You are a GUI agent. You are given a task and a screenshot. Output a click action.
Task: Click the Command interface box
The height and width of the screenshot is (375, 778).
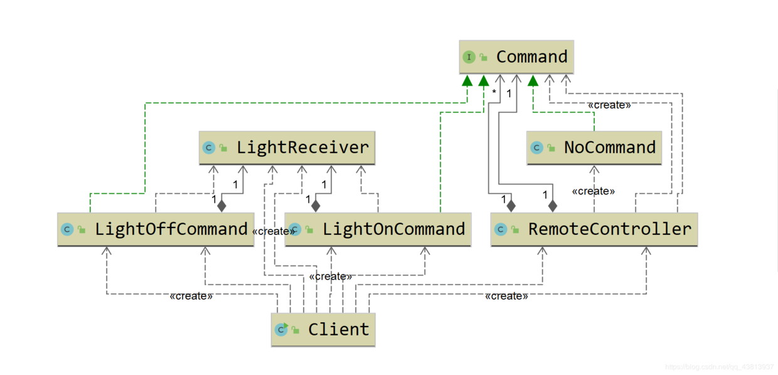point(516,57)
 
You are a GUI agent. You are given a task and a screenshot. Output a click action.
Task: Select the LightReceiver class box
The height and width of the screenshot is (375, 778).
point(287,148)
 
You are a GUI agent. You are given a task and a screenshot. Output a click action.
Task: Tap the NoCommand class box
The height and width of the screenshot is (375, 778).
point(594,148)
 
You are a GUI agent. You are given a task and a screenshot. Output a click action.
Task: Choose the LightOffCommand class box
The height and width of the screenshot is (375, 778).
point(156,229)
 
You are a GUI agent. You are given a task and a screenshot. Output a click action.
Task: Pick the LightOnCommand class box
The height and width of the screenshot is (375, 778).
point(378,229)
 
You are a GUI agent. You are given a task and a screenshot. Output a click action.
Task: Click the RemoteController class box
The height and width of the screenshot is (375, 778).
point(594,229)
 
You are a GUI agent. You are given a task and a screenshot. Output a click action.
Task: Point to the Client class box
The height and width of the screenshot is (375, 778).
point(323,329)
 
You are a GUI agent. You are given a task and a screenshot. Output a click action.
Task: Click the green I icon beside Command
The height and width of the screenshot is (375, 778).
point(469,57)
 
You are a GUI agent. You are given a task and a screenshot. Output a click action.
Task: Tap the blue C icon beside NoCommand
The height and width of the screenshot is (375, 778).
point(536,148)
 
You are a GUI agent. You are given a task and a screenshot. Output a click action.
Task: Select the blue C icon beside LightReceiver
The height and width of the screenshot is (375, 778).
point(209,148)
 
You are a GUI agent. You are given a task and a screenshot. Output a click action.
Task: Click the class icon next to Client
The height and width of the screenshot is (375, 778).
point(281,329)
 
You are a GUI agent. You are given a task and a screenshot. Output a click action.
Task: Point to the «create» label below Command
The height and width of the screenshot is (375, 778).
point(609,105)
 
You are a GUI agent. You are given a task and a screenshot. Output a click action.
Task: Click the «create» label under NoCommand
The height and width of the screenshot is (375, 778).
point(593,191)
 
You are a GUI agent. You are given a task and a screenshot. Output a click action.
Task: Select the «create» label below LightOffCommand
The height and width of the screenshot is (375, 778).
point(191,296)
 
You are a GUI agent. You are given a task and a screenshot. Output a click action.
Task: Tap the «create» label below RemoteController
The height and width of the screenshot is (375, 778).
point(506,296)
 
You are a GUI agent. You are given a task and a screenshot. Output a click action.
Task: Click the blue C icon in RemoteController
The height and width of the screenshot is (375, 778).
point(500,229)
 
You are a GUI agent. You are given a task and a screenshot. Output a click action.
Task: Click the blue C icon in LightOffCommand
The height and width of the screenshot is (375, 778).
point(67,229)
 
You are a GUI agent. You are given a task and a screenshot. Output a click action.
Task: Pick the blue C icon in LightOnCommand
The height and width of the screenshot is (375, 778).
point(295,229)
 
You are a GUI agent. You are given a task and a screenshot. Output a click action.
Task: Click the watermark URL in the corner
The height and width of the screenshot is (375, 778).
point(719,367)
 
